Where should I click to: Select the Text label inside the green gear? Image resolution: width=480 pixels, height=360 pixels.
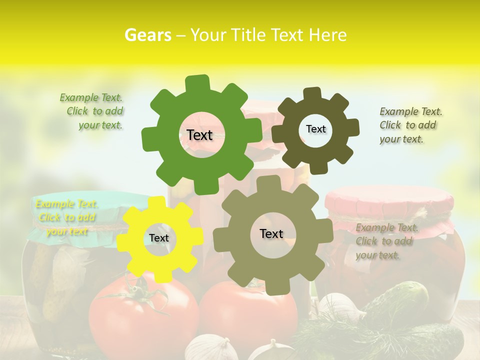(x=200, y=135)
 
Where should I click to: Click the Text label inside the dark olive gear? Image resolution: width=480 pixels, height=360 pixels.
(x=315, y=129)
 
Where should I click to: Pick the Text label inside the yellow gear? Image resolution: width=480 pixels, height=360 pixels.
(x=159, y=238)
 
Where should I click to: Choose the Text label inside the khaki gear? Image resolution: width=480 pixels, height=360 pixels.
(x=271, y=233)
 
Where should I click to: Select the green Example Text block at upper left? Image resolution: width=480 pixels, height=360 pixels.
(x=91, y=111)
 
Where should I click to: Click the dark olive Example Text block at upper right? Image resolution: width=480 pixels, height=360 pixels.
(x=410, y=125)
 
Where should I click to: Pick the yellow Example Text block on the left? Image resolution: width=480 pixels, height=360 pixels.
(x=66, y=217)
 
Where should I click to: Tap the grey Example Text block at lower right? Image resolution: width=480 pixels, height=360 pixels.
(x=386, y=241)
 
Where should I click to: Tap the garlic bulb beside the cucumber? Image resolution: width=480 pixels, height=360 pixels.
(x=340, y=307)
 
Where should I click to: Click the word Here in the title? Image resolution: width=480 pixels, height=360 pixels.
(x=327, y=35)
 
